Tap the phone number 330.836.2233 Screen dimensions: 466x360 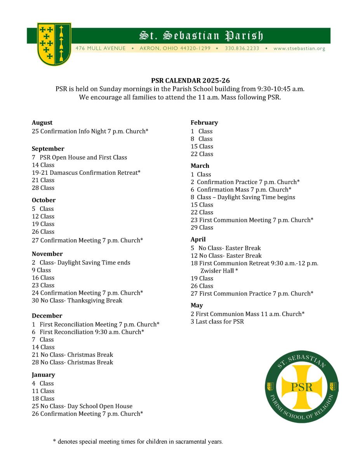242,49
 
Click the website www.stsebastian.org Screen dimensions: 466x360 299,49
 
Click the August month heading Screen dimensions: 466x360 42,123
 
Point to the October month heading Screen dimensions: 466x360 43,200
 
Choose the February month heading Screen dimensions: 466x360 204,123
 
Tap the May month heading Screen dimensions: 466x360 197,306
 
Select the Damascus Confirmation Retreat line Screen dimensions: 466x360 86,173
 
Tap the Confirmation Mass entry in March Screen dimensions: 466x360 241,190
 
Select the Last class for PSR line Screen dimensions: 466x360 217,322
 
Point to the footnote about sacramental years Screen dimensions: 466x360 138,442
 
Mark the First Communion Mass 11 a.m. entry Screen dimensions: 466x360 247,314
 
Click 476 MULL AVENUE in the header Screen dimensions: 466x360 101,49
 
